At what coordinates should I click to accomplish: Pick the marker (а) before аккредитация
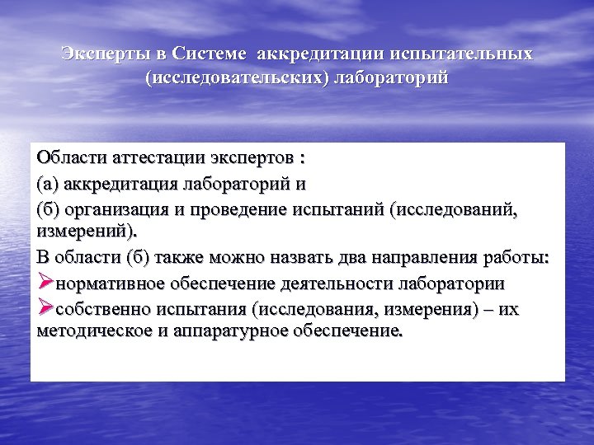pyautogui.click(x=48, y=180)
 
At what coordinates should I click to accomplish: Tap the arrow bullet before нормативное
pyautogui.click(x=45, y=282)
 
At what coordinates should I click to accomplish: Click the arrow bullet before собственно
pyautogui.click(x=45, y=309)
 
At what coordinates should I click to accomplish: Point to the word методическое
pyautogui.click(x=93, y=332)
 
